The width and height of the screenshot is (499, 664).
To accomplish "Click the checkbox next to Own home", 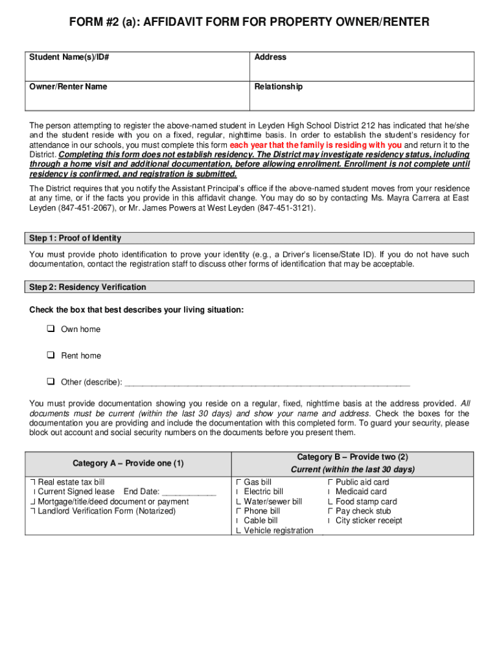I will [50, 329].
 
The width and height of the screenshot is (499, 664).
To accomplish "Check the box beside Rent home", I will [50, 356].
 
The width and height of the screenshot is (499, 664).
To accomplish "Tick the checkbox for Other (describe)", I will [50, 382].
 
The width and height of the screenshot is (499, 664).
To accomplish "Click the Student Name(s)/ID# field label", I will [69, 58].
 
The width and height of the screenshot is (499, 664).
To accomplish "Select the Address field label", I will [270, 58].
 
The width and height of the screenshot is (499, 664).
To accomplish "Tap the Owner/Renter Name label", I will [68, 87].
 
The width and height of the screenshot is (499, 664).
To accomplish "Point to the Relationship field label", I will [278, 87].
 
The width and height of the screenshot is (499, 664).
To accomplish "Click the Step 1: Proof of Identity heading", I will [75, 239].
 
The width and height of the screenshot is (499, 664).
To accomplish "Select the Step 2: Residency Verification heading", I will [87, 287].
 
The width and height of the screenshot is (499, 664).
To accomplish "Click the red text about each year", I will [316, 145].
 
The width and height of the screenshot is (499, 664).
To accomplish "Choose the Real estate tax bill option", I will [71, 482].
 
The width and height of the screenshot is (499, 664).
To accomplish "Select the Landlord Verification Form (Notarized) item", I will [106, 511].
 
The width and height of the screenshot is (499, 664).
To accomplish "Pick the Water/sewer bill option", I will [273, 502].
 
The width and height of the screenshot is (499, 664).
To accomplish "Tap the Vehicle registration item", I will [278, 531].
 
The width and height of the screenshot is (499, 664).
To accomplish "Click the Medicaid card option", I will [361, 492].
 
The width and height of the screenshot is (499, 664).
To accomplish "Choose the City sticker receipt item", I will [369, 521].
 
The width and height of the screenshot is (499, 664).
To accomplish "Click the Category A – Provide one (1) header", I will [128, 464].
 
